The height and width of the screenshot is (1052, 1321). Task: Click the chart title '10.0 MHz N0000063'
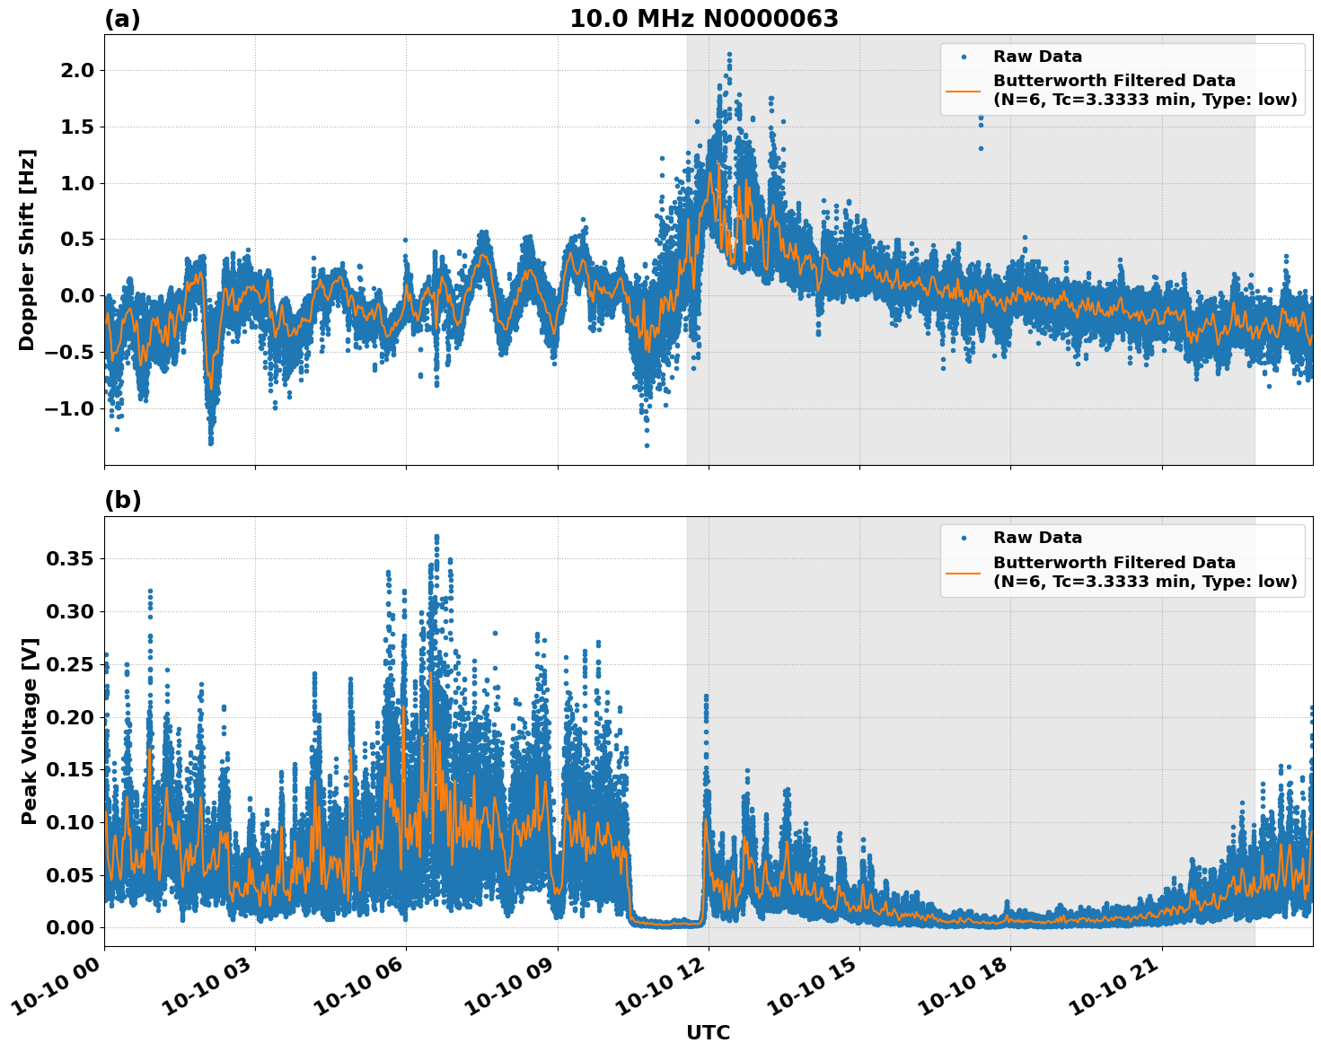coord(703,19)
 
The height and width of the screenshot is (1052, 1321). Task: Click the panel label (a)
coord(122,19)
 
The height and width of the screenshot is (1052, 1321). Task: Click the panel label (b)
coord(122,500)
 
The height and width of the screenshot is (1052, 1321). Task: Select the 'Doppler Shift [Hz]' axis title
coord(27,250)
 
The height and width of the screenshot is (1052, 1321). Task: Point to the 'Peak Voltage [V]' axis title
coord(30,731)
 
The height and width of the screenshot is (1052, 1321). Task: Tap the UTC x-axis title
coord(708,1032)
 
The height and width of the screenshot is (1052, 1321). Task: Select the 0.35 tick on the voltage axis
coord(70,558)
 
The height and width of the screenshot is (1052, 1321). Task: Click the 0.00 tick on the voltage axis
coord(70,927)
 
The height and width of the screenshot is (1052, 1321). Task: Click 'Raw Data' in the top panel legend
coord(1037,57)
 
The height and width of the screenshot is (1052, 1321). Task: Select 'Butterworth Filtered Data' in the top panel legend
coord(1114,81)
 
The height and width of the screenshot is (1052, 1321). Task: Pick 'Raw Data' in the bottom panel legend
coord(1037,538)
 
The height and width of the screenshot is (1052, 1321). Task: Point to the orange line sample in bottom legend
coord(963,572)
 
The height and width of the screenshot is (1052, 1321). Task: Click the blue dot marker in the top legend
coord(963,57)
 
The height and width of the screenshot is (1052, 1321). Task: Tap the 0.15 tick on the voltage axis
coord(70,769)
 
